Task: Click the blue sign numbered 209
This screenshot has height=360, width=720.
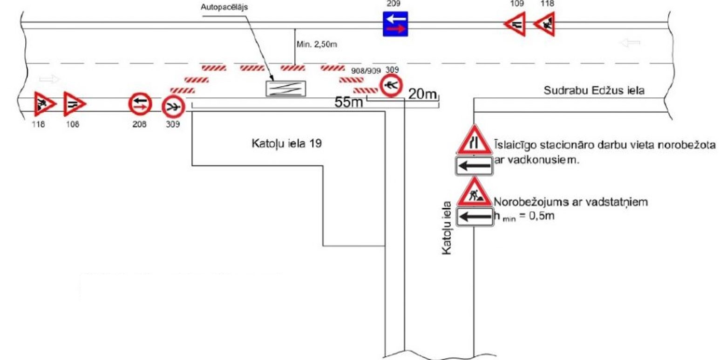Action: [395, 24]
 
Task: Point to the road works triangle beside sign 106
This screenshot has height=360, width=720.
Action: [44, 104]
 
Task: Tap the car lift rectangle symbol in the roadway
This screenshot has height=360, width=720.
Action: [286, 88]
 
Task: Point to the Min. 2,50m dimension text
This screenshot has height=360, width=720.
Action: [316, 45]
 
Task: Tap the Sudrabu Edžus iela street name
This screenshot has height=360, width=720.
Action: [594, 91]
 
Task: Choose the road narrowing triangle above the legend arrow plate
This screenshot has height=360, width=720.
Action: [474, 141]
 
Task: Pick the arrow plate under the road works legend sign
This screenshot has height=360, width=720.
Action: [474, 217]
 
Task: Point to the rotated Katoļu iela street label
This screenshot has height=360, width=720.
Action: [447, 228]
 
